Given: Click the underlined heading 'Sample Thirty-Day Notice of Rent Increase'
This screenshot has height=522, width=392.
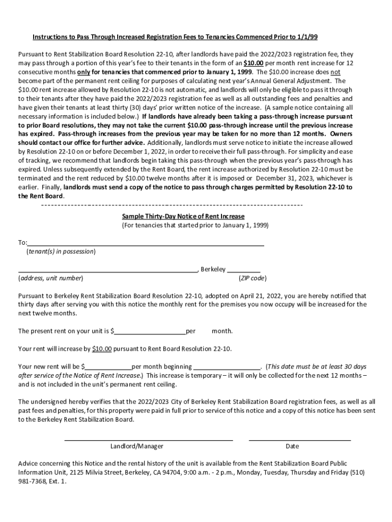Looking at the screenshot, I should tap(183, 216).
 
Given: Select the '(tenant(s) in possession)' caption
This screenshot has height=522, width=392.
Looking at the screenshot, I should tap(61, 252).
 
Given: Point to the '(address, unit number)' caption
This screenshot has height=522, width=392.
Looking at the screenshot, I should tap(51, 278).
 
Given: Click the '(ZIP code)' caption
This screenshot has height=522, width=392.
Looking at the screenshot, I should tap(252, 278).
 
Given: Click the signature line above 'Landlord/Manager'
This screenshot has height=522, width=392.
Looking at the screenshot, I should tap(148, 439).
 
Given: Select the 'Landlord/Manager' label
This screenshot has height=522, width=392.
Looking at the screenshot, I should tap(137, 446).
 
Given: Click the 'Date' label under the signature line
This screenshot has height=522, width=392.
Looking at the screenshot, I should tap(292, 446).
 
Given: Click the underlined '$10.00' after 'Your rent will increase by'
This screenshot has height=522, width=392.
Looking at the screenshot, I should tap(102, 349).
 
